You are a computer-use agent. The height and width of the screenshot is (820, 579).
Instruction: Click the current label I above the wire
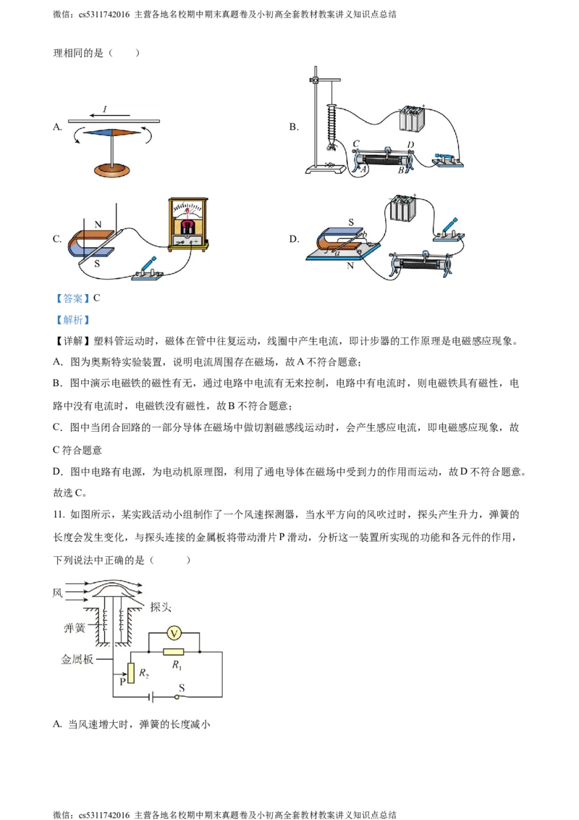coord(105,109)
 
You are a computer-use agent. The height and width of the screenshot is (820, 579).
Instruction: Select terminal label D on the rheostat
coord(410,145)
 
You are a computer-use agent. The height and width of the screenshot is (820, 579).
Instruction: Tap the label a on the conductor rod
coord(337,253)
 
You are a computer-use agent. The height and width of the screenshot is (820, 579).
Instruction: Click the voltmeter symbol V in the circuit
coord(174,633)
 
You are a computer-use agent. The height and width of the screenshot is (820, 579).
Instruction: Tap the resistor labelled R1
coord(173,652)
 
